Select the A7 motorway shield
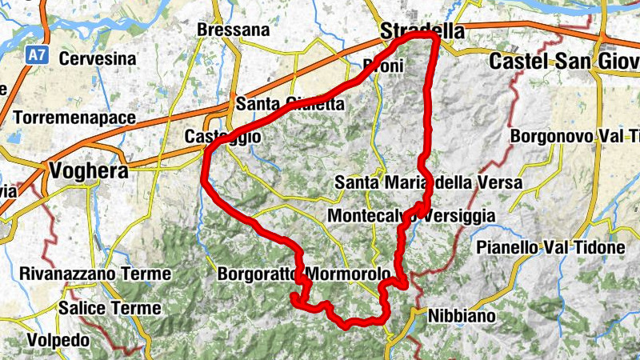point(35,55)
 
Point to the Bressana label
point(234,30)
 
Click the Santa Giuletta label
point(290,105)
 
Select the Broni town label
point(383,66)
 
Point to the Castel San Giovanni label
point(564,61)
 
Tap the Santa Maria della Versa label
point(429,183)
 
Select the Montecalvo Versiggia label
point(411,217)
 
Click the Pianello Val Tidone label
point(550,248)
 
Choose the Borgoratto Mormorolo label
point(304,274)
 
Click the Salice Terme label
point(110,308)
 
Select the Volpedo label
point(58,340)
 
